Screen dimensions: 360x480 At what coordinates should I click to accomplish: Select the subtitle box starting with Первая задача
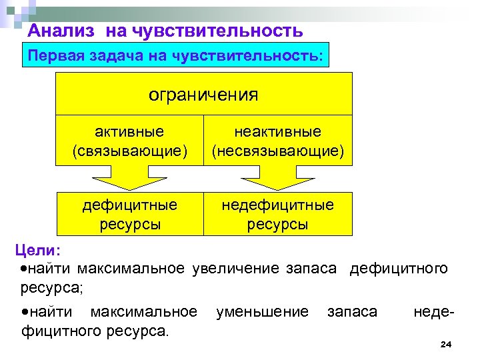(175, 57)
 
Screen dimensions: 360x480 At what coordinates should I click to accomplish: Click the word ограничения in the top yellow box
(203, 94)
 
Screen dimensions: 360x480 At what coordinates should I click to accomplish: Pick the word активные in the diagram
(130, 132)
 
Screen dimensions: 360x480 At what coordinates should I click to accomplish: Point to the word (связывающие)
(130, 152)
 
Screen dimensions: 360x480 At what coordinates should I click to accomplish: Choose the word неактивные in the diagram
(278, 132)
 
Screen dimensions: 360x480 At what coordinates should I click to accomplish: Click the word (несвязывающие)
(278, 152)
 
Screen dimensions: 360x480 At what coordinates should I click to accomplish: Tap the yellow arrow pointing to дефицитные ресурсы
(129, 179)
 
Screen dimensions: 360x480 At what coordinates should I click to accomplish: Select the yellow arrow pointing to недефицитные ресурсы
(277, 179)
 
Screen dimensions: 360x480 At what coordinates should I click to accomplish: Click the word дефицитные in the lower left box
(130, 205)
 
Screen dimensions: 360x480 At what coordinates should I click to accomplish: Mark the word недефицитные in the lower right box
(278, 205)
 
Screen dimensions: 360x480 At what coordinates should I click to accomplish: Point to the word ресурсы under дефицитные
(130, 224)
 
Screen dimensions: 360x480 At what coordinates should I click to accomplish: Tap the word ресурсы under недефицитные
(278, 224)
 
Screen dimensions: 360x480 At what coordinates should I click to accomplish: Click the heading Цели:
(38, 251)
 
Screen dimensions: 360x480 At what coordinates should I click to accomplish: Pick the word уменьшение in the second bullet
(262, 311)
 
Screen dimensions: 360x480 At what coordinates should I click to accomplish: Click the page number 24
(446, 344)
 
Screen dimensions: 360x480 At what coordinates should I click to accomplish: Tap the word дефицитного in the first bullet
(399, 269)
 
